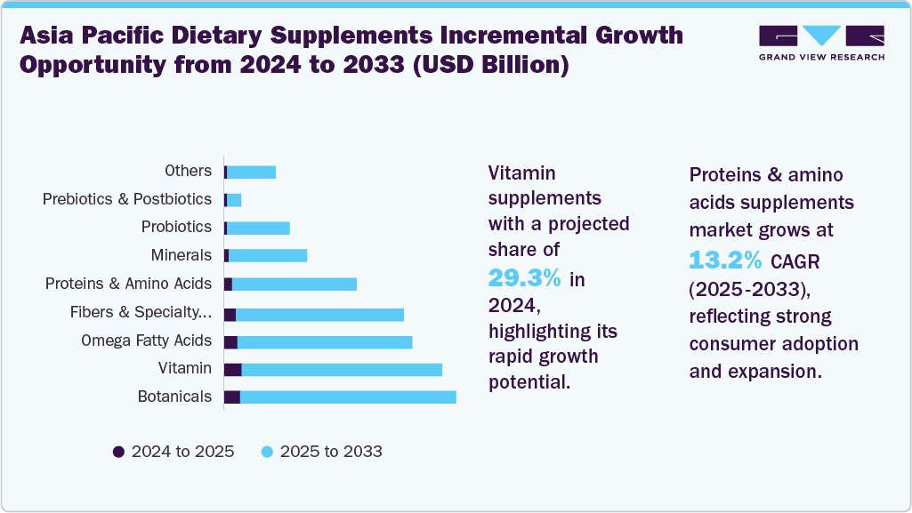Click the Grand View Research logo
[821, 43]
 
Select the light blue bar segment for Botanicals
[348, 397]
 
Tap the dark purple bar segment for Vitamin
[232, 369]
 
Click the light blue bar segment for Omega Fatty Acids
[325, 341]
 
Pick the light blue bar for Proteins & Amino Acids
[295, 284]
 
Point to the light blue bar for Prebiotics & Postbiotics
[234, 200]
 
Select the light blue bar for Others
[252, 172]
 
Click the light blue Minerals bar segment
[268, 256]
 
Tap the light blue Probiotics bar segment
[259, 228]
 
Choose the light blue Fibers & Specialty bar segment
[319, 314]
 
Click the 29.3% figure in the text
[524, 278]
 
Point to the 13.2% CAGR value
[725, 260]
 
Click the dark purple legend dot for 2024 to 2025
[118, 452]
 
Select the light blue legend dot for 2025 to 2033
[267, 452]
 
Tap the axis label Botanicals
[174, 397]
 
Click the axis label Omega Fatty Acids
[146, 341]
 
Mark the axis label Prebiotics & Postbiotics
[127, 199]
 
